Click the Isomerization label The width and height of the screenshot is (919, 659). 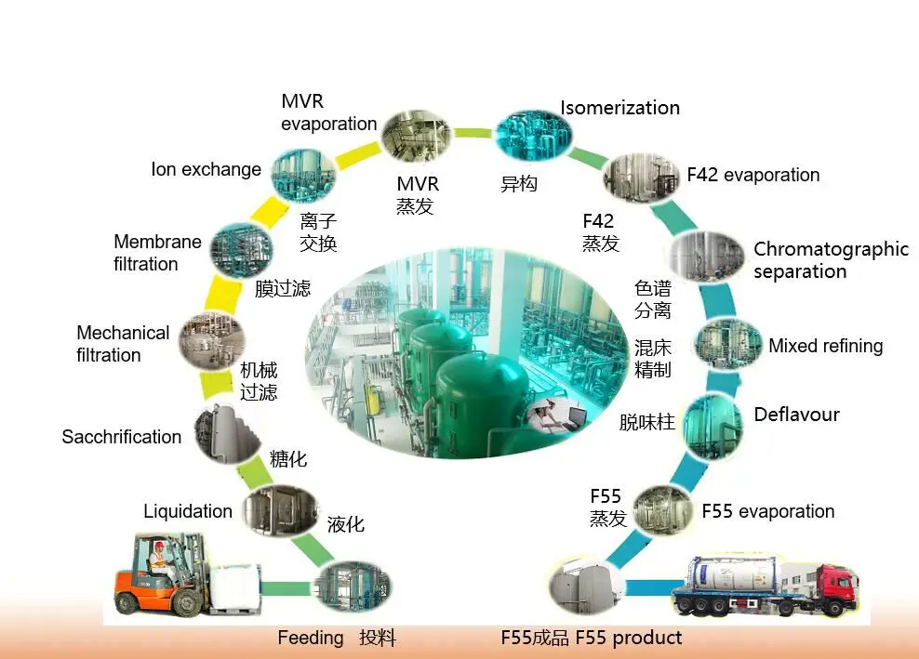tap(619, 108)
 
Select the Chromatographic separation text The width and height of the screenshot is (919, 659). tap(830, 260)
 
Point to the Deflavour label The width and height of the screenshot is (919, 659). tap(796, 415)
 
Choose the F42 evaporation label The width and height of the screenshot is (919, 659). tap(753, 175)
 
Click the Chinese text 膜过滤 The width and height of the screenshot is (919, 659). tap(283, 288)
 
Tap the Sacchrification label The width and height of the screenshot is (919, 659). tap(121, 437)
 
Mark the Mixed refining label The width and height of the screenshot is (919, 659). tap(825, 346)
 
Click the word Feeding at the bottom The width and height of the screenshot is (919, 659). tap(311, 638)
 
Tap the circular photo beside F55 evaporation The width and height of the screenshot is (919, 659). tap(663, 509)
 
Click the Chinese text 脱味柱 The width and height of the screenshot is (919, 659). tap(646, 423)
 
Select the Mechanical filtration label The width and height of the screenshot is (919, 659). tap(123, 344)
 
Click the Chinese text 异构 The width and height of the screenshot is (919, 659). tap(519, 184)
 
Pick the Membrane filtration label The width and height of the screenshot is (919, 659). tap(157, 253)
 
